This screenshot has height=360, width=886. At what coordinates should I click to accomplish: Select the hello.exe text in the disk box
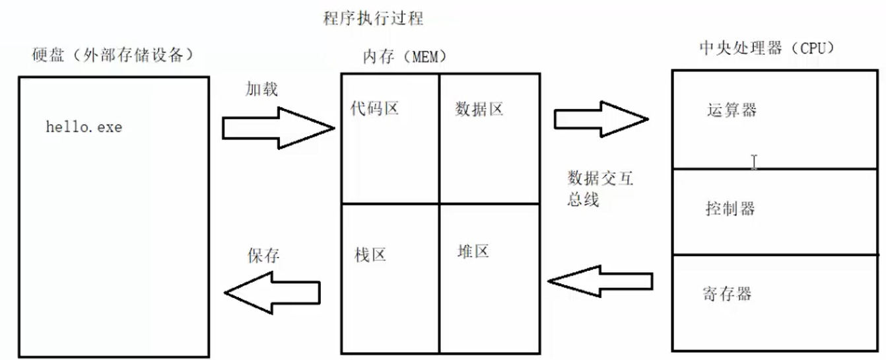[x=84, y=127]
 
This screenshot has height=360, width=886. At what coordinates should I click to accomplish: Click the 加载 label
[x=259, y=89]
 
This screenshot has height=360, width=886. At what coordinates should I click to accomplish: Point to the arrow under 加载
[x=278, y=127]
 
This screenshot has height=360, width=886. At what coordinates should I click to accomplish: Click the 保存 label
[x=264, y=256]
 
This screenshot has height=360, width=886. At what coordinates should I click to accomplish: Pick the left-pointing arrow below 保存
[x=272, y=291]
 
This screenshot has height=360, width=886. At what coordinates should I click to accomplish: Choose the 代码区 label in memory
[x=375, y=108]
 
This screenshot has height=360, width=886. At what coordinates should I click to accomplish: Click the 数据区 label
[x=479, y=109]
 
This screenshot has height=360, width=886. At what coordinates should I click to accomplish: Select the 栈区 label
[x=370, y=256]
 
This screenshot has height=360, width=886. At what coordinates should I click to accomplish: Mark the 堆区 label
[x=473, y=252]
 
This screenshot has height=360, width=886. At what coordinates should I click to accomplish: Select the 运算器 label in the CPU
[x=731, y=110]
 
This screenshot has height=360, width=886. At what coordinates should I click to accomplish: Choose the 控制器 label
[x=730, y=209]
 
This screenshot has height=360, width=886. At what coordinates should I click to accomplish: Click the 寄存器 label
[x=727, y=293]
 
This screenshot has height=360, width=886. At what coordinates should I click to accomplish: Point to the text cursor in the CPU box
[x=754, y=162]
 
